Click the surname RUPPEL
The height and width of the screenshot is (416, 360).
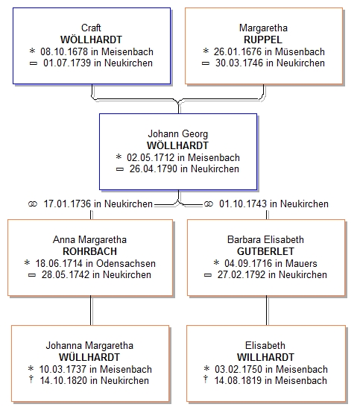pyautogui.click(x=263, y=40)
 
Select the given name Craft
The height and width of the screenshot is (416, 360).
pyautogui.click(x=91, y=28)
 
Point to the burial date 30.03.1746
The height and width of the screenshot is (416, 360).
pyautogui.click(x=239, y=63)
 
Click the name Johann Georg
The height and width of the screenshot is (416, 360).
pyautogui.click(x=177, y=133)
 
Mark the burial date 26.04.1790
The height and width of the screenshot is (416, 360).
pyautogui.click(x=154, y=168)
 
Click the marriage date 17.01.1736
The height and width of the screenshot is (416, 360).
pyautogui.click(x=67, y=204)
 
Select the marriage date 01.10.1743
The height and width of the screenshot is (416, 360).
pyautogui.click(x=243, y=204)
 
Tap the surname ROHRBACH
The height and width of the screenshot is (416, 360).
pyautogui.click(x=89, y=251)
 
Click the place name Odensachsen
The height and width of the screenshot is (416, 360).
pyautogui.click(x=126, y=263)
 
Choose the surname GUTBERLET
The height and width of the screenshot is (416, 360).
pyautogui.click(x=265, y=251)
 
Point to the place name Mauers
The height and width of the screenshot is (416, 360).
pyautogui.click(x=301, y=263)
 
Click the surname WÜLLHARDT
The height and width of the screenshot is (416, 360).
pyautogui.click(x=89, y=357)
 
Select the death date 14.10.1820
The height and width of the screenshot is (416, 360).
pyautogui.click(x=63, y=380)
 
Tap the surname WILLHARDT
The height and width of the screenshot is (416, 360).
pyautogui.click(x=265, y=357)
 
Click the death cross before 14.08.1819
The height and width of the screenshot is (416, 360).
pyautogui.click(x=205, y=379)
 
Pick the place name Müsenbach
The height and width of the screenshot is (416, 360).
pyautogui.click(x=300, y=51)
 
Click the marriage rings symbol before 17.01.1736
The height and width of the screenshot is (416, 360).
pyautogui.click(x=33, y=204)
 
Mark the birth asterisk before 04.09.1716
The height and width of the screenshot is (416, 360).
pyautogui.click(x=216, y=262)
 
